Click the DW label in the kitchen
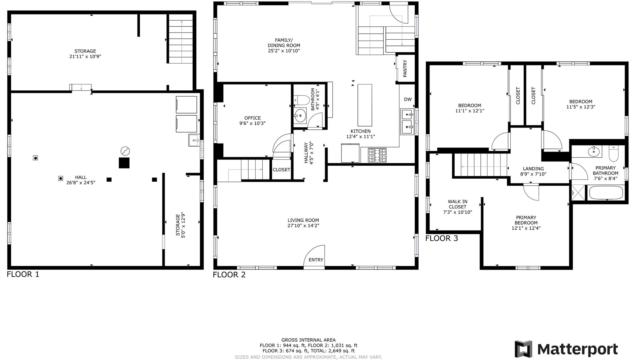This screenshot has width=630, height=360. pos(408,99)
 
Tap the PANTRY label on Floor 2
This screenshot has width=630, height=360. pos(405,69)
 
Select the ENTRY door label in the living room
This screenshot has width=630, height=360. pos(316,260)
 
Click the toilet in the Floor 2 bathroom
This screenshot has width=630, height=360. pos(302,100)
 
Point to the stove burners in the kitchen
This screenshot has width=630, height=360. pos(377,155)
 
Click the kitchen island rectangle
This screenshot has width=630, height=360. pos(365,104)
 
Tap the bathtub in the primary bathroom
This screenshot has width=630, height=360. pos(606,193)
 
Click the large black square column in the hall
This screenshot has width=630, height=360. pos(124,163)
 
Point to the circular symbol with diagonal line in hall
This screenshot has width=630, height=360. pos(125,151)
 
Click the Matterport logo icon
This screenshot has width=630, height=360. pos(524,349)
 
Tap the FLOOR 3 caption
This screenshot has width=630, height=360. pos(441,238)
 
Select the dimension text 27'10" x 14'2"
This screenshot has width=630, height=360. pos(303,226)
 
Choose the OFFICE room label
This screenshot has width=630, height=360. pos(252,118)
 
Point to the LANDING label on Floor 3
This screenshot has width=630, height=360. pos(533,168)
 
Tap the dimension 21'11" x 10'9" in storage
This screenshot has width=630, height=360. pos(85,57)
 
